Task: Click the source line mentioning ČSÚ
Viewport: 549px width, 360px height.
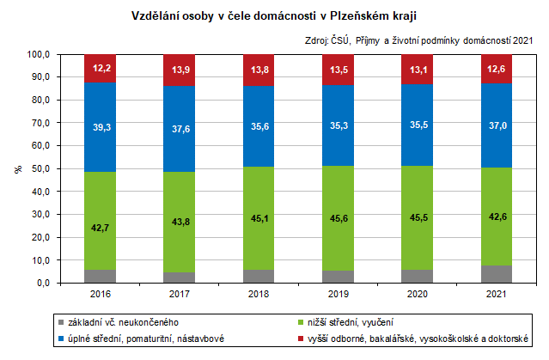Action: pyautogui.click(x=418, y=40)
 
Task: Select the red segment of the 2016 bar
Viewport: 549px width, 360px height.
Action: pyautogui.click(x=101, y=68)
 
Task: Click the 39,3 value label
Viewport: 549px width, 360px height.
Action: pyautogui.click(x=101, y=127)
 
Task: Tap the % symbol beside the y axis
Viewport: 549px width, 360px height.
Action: pyautogui.click(x=17, y=168)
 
